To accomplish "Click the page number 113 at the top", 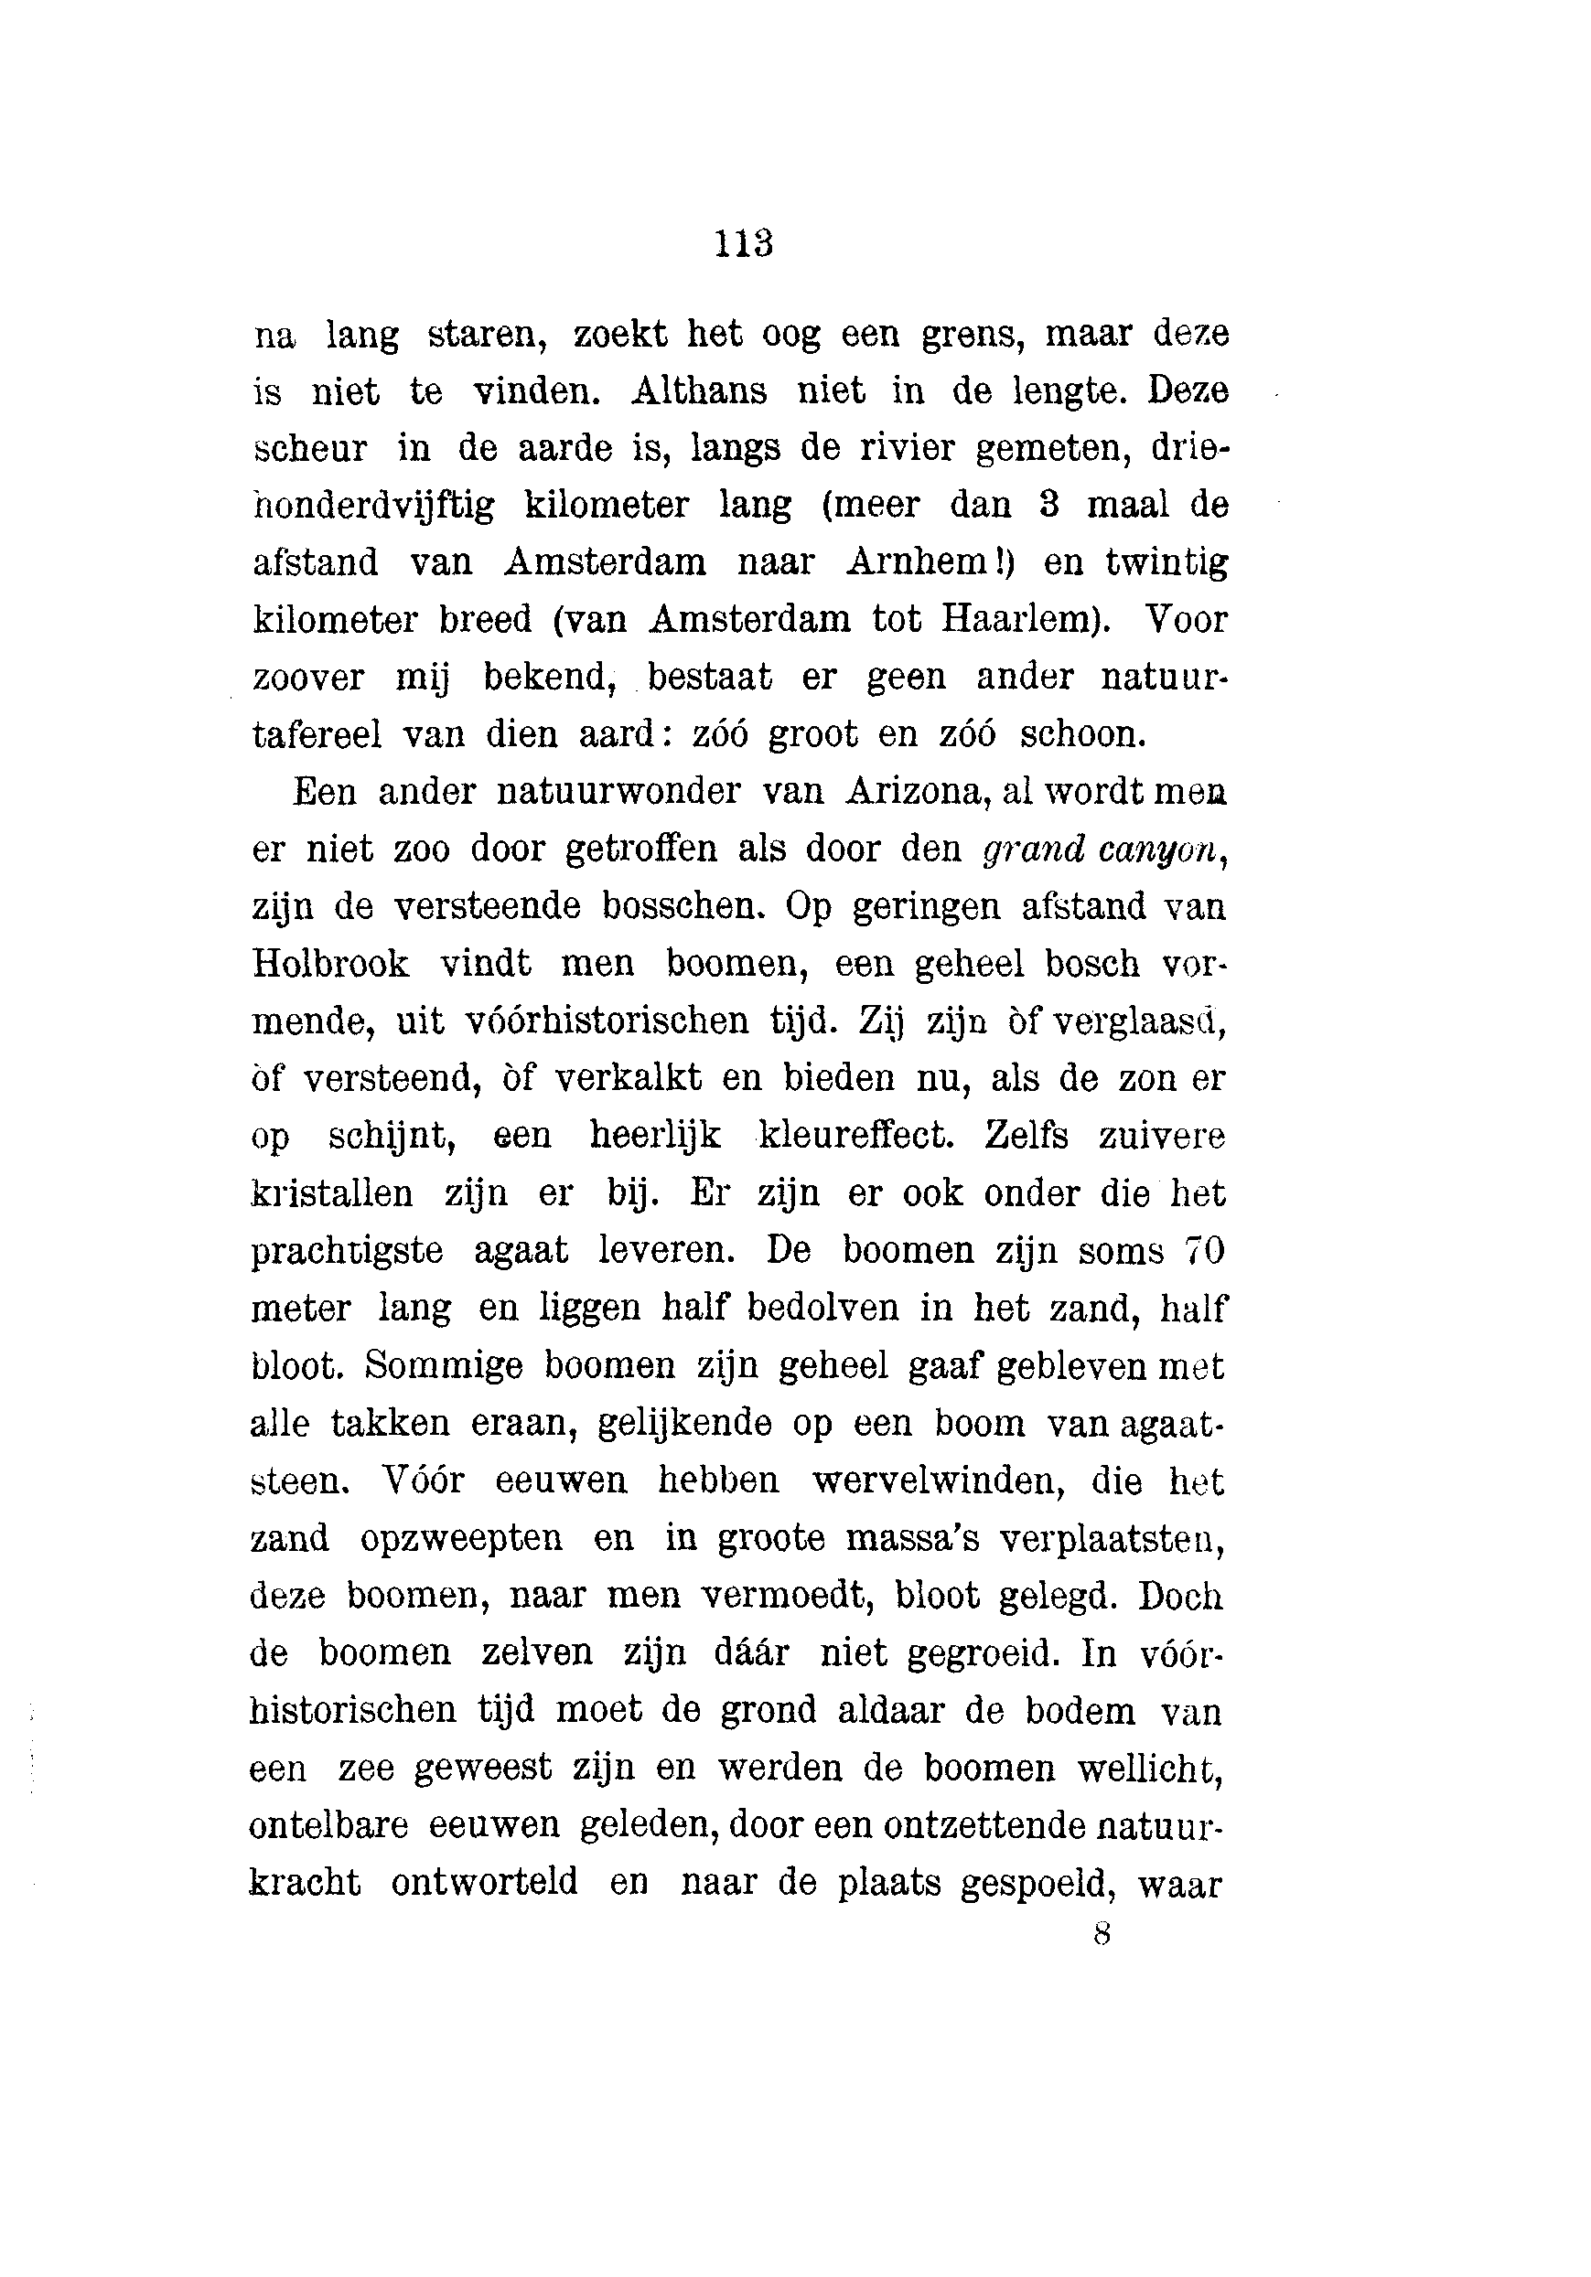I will click(743, 244).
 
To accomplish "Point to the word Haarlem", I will click(1017, 620).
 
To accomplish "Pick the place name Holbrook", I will click(330, 963).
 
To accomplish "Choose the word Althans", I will click(698, 390).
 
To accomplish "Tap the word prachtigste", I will click(346, 1251).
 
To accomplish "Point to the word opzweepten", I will click(461, 1537).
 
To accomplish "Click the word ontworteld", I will click(484, 1881).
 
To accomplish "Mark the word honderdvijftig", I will click(373, 506).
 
